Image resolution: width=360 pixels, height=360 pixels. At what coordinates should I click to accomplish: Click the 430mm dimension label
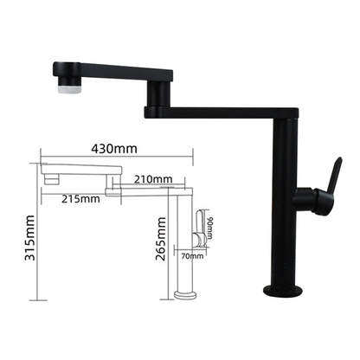click(x=115, y=149)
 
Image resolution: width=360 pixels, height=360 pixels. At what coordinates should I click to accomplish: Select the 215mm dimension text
click(x=82, y=198)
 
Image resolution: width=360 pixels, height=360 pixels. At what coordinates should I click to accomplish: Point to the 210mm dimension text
click(x=152, y=179)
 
